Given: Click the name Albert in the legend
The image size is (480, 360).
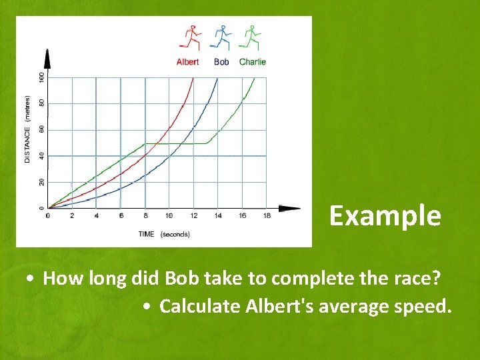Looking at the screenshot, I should (187, 62).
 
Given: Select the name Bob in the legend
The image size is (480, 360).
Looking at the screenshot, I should (221, 62).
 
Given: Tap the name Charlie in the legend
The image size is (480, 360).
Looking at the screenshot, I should (253, 62).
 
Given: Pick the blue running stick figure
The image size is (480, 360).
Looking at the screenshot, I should (220, 37).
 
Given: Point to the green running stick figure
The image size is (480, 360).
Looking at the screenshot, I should (251, 37).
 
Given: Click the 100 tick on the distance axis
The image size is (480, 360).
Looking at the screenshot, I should (41, 77).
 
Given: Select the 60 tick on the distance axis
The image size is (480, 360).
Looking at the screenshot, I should (41, 129).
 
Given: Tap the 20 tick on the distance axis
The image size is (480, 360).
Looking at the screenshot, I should (41, 182).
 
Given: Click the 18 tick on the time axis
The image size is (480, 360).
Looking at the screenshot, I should (267, 216).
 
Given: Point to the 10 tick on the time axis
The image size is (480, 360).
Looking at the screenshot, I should (169, 216).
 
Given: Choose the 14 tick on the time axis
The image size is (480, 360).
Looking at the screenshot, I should (217, 216).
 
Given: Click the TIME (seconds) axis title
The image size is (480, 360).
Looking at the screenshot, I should (164, 234).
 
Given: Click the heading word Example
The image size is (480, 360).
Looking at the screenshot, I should (385, 216).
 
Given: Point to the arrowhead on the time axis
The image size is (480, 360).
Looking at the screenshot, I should (291, 209).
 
